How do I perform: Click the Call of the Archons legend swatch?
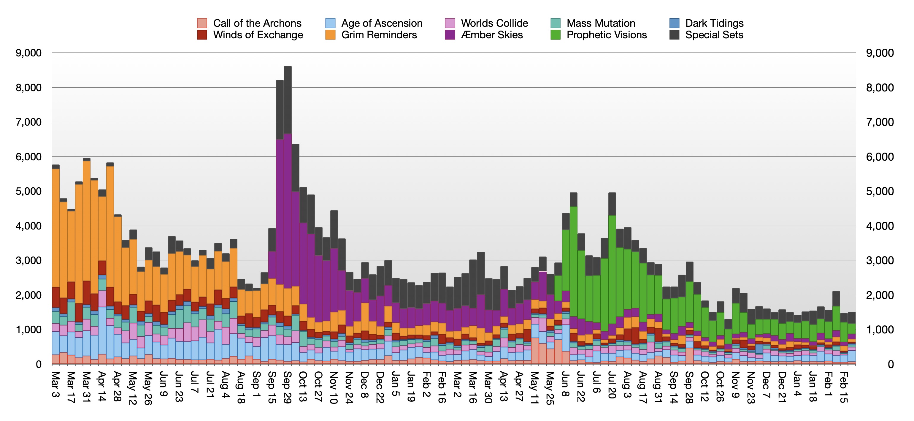(x=202, y=23)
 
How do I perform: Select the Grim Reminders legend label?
(x=379, y=35)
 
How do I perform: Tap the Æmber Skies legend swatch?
(x=450, y=35)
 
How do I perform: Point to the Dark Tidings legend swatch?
(x=674, y=23)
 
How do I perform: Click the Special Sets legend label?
(x=714, y=35)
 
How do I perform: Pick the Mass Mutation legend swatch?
(x=555, y=23)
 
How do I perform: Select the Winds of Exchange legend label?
(x=258, y=35)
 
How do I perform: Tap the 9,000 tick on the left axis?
(x=28, y=53)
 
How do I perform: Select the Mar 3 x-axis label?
(x=55, y=384)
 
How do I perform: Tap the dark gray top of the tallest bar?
(x=287, y=99)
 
